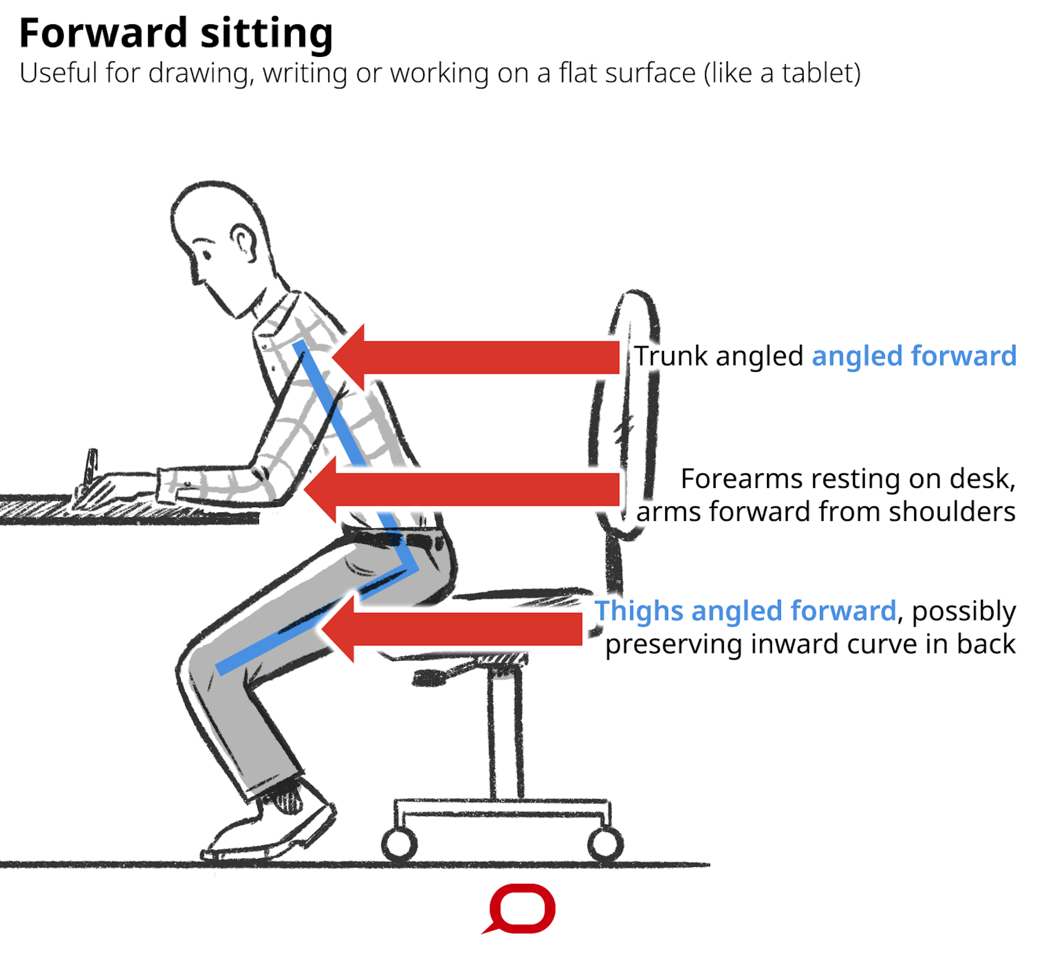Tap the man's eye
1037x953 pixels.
coord(207,255)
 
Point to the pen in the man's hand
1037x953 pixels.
coord(91,466)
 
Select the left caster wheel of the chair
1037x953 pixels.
coord(399,845)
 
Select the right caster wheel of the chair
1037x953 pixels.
coord(605,845)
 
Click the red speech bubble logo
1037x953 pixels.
coord(522,909)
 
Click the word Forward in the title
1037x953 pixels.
coord(103,33)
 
